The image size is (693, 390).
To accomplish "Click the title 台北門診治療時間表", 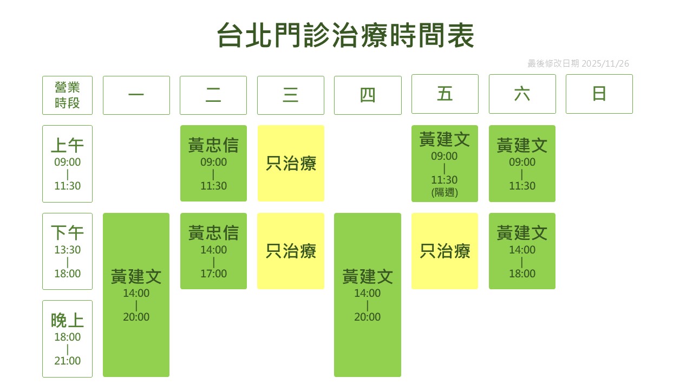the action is click(345, 35).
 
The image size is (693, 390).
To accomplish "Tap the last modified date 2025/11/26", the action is click(605, 63).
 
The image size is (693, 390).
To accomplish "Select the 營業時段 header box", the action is click(68, 95).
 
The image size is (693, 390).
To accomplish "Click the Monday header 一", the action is click(136, 95).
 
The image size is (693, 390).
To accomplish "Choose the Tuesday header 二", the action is click(213, 95).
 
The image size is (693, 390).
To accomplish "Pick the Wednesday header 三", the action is click(291, 95).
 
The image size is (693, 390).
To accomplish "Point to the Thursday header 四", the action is click(368, 95).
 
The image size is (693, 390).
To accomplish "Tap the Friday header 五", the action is click(445, 94).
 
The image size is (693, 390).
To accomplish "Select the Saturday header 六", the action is click(522, 94).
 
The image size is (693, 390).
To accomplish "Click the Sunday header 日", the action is click(599, 94).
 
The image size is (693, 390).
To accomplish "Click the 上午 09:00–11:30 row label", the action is click(68, 164).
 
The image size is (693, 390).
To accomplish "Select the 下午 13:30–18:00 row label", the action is click(68, 251).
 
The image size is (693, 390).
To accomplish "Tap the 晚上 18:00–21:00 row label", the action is click(68, 339).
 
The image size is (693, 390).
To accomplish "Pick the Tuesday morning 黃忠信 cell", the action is click(213, 164).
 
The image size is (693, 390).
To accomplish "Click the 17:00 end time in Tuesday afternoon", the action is click(213, 274).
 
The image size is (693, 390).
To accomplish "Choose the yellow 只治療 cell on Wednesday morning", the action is click(291, 164).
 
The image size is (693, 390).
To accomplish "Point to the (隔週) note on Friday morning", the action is click(444, 192).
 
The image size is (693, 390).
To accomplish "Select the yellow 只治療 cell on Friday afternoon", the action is click(445, 251).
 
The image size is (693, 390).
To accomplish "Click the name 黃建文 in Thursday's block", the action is click(368, 276).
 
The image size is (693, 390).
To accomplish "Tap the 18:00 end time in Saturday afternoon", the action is click(522, 274).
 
